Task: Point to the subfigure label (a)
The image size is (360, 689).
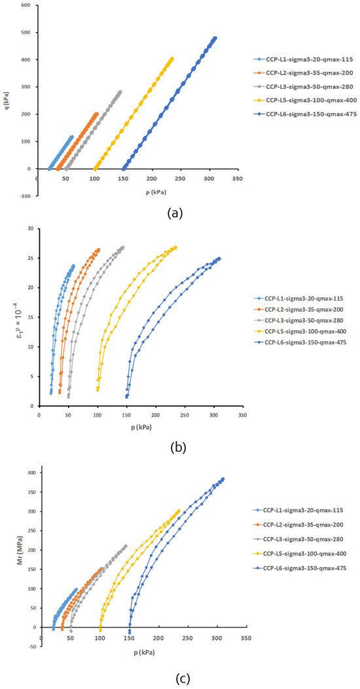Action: pyautogui.click(x=174, y=214)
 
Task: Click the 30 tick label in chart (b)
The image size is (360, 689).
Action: pyautogui.click(x=30, y=229)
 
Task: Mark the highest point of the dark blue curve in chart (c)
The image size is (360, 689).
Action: pyautogui.click(x=223, y=479)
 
